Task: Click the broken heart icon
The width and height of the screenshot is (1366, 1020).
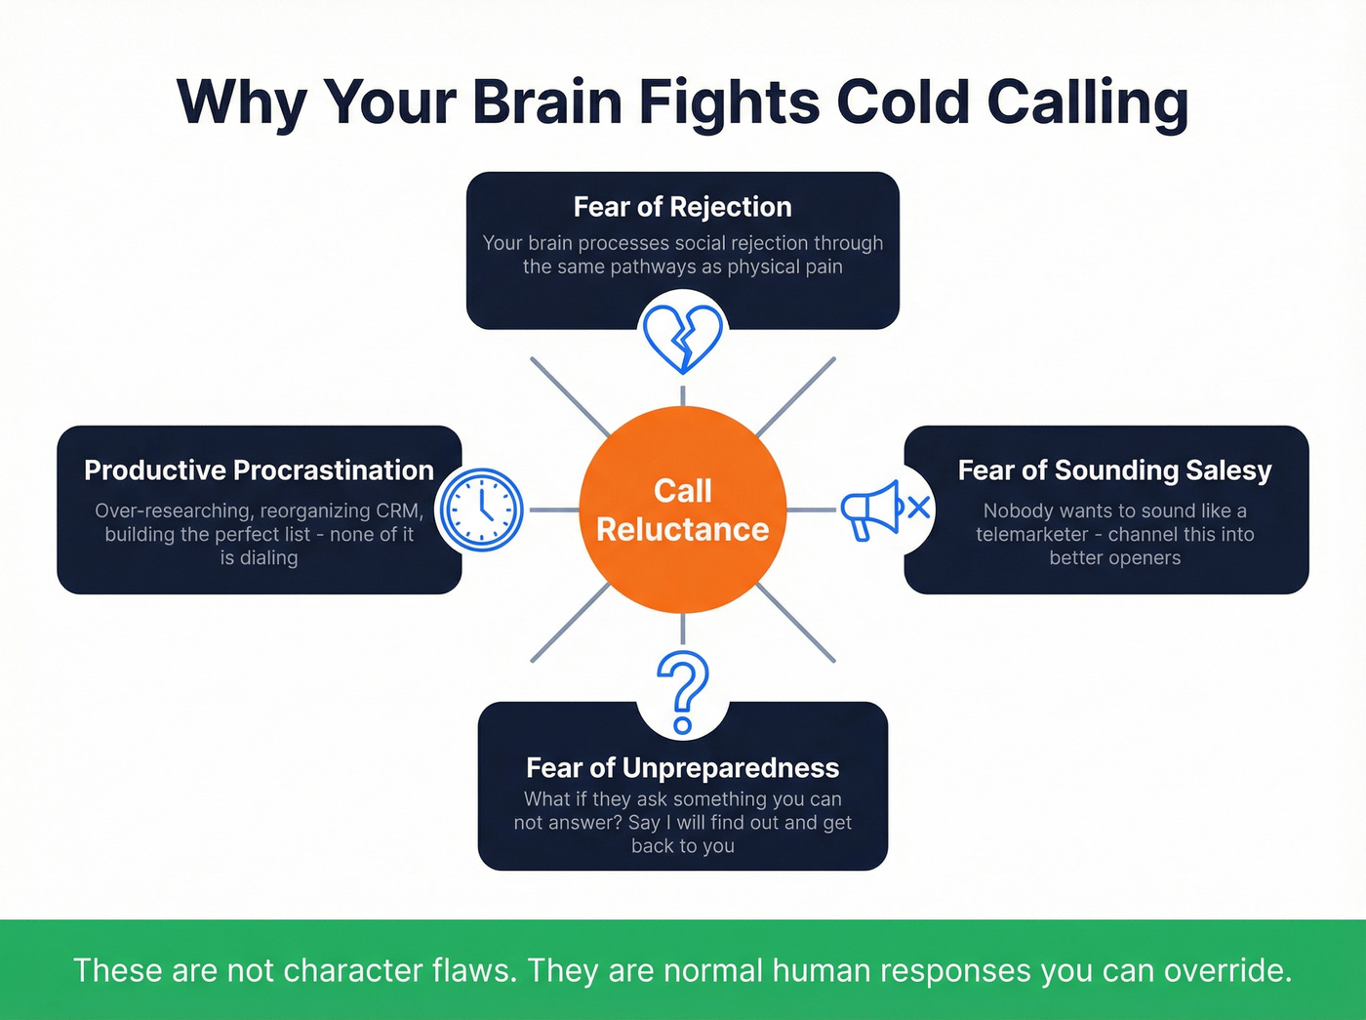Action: [683, 338]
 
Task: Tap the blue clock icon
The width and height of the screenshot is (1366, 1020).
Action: [481, 510]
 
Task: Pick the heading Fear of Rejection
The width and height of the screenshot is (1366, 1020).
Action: [682, 207]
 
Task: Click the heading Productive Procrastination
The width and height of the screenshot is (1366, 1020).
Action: [259, 470]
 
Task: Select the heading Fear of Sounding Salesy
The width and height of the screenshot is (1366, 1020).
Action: [1114, 470]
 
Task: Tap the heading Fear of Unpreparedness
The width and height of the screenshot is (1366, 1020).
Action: [682, 768]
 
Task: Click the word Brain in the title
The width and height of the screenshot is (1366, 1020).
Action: [546, 102]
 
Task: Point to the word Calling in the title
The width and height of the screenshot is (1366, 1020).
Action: [1087, 102]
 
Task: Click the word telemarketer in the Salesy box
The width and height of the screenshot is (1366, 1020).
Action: [1031, 535]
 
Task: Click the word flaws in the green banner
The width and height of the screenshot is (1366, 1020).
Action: [475, 970]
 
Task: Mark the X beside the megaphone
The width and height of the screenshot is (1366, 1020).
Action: [918, 508]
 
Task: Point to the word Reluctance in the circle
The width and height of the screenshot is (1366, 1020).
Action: [682, 529]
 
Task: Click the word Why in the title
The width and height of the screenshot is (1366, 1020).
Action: [241, 102]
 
